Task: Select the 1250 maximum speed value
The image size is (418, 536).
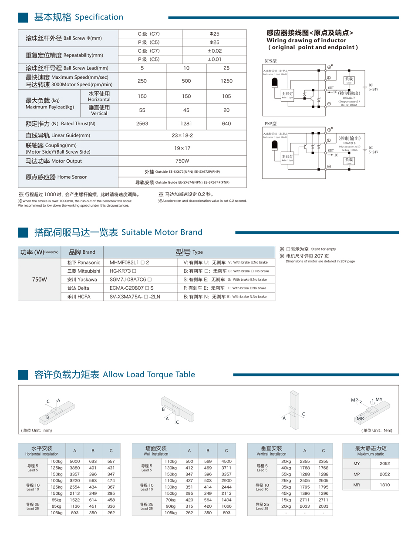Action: click(x=226, y=81)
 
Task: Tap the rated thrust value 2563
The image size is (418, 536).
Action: click(x=142, y=124)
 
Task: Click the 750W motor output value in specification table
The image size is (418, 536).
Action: click(x=182, y=161)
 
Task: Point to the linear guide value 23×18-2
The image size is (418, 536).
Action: click(x=182, y=135)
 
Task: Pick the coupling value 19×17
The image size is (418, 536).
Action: click(x=182, y=148)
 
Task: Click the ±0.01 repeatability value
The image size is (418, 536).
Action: click(x=214, y=60)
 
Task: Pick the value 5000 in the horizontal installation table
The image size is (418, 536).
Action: click(x=74, y=461)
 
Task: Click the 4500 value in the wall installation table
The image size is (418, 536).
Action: click(x=226, y=461)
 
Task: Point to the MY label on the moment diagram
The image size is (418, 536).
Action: click(x=379, y=399)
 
